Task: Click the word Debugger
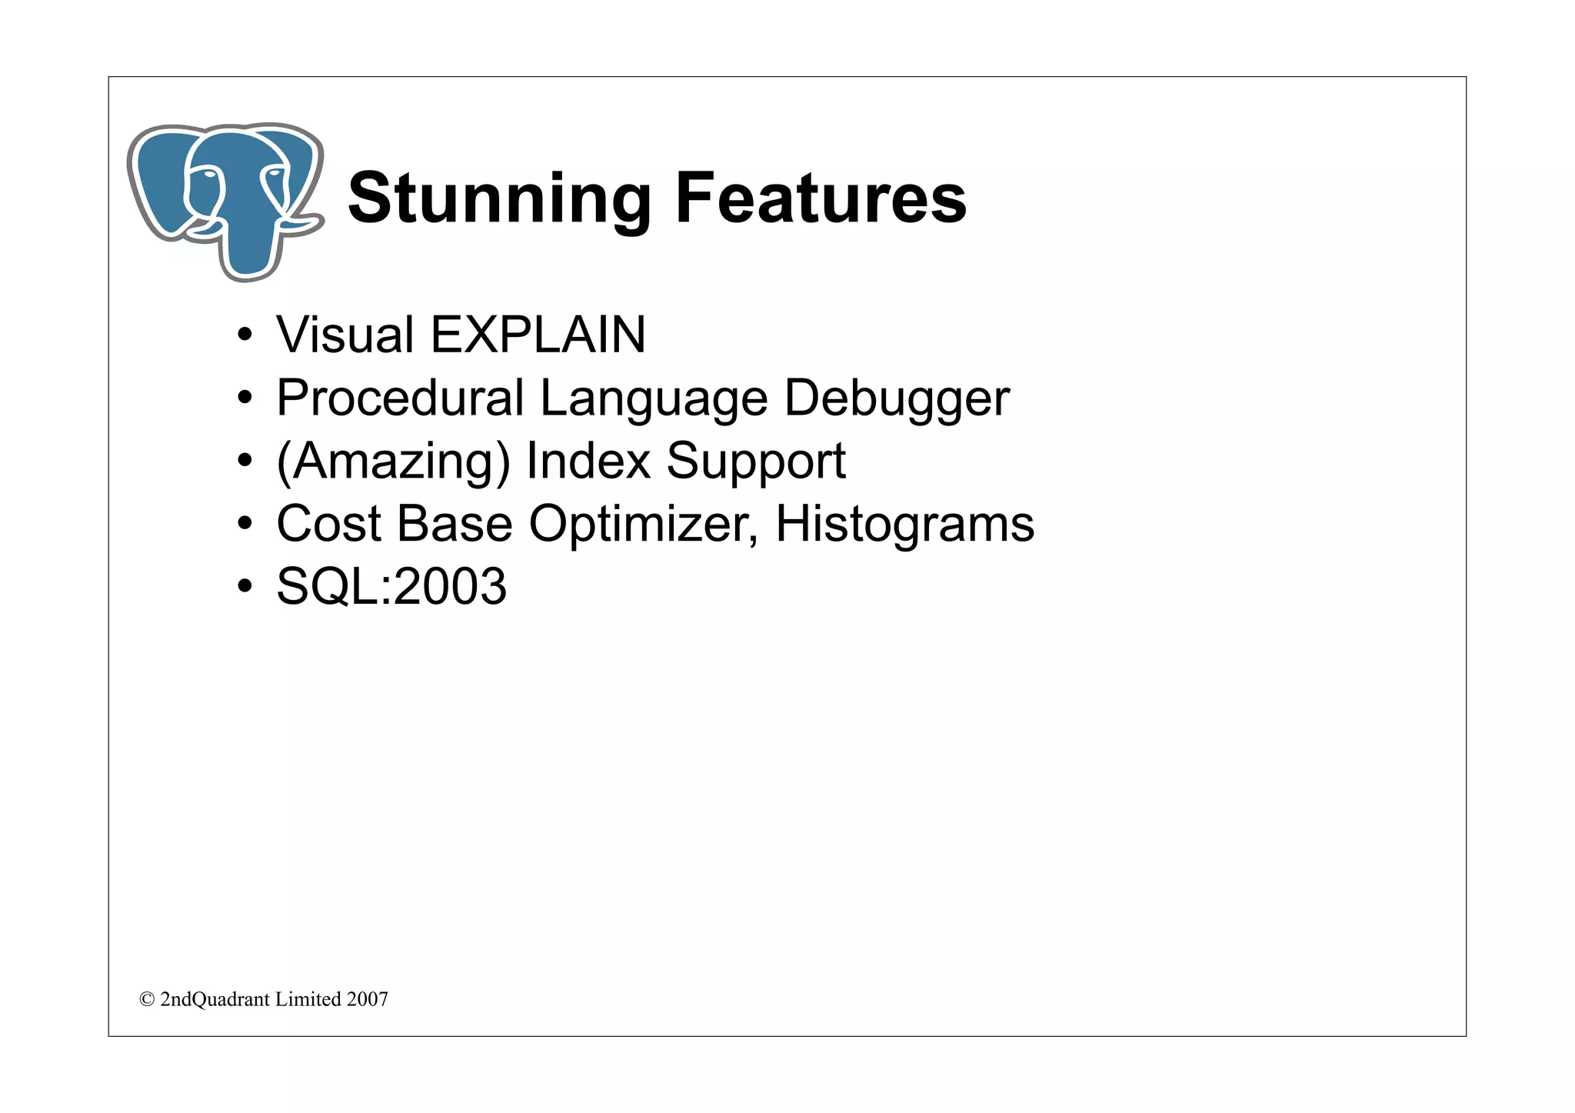[896, 399]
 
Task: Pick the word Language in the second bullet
[653, 399]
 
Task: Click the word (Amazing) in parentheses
[393, 462]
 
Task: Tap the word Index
[588, 461]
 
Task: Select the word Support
[755, 462]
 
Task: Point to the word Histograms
[904, 525]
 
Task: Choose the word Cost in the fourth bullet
[329, 524]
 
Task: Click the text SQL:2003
[391, 587]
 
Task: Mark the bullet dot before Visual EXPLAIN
[245, 336]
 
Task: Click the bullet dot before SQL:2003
[245, 588]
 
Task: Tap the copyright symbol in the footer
[146, 999]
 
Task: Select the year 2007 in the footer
[367, 999]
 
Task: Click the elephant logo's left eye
[208, 175]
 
